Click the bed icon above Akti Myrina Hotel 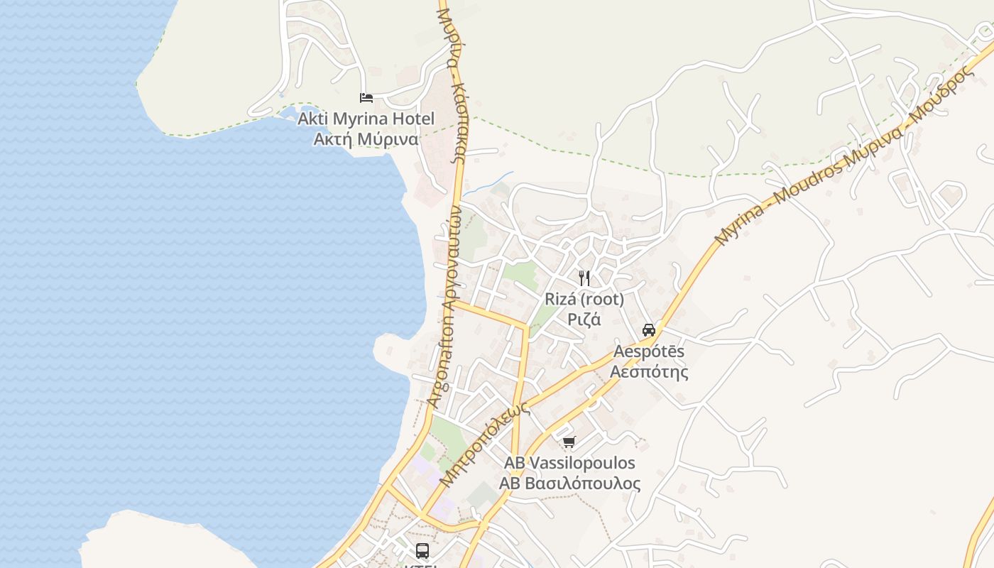[x=366, y=98]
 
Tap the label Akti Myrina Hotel [x=366, y=119]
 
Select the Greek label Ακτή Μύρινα [x=366, y=139]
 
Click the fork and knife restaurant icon [x=584, y=278]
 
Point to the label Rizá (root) [x=584, y=299]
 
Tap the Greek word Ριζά [x=584, y=319]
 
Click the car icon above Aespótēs [x=649, y=329]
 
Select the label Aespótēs [x=649, y=351]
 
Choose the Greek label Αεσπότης [x=649, y=371]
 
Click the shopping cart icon [x=569, y=442]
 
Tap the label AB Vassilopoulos [x=569, y=463]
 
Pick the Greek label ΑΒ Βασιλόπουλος [x=569, y=484]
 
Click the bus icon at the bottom [x=422, y=550]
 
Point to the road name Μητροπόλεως [x=485, y=445]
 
